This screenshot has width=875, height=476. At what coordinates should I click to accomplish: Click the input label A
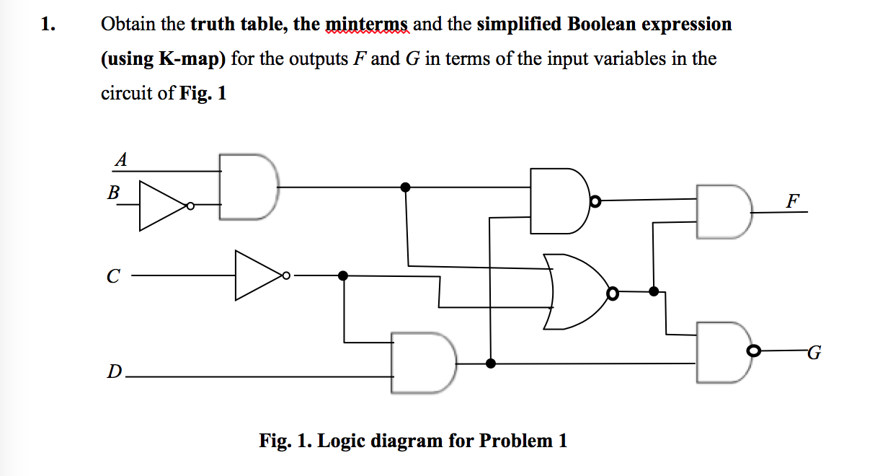tap(121, 160)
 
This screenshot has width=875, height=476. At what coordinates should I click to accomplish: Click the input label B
tap(113, 193)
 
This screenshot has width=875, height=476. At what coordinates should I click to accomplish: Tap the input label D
tap(113, 372)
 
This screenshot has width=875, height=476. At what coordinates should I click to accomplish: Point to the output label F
tap(792, 201)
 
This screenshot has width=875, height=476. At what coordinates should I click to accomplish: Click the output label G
tap(814, 353)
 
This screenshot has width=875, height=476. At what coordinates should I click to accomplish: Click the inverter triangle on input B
tap(161, 206)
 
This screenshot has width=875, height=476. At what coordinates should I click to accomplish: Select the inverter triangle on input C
tap(257, 275)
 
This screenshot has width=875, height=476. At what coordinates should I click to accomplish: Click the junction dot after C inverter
tap(343, 275)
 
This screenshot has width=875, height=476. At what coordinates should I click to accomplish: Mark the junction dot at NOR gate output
tap(654, 291)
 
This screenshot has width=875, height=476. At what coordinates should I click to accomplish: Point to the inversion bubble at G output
tap(754, 351)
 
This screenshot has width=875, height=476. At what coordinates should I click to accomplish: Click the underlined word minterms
tap(368, 25)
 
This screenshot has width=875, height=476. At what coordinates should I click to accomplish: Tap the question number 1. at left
tap(48, 25)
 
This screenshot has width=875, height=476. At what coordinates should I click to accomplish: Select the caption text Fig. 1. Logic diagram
tap(413, 440)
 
